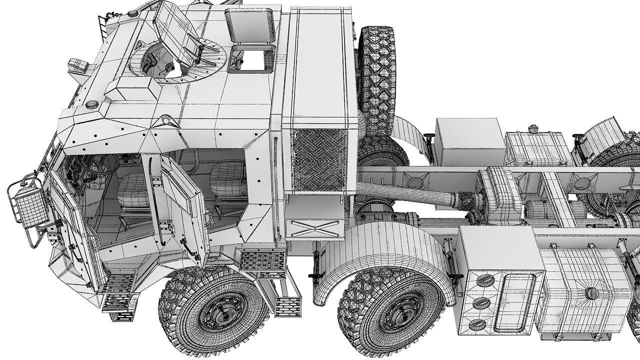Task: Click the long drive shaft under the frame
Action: tap(405, 194)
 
